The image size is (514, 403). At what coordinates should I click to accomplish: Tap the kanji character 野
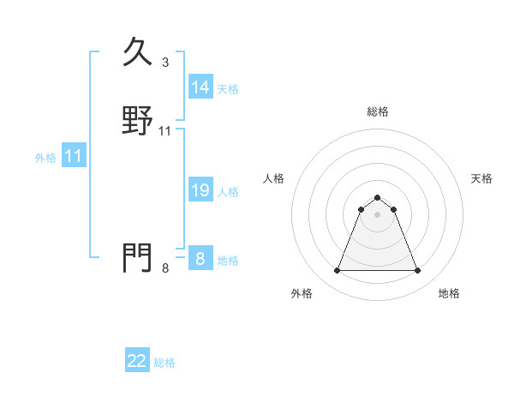coord(138,120)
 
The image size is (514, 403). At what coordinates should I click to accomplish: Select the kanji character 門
coord(138,257)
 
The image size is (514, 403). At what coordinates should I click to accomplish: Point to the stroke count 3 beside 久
coord(164,63)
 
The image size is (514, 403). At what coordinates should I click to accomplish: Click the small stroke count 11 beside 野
coord(165,131)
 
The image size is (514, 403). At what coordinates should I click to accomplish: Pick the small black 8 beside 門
coord(164,268)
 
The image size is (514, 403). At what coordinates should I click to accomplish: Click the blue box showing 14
coord(200,87)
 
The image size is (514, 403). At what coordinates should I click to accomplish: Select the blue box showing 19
coord(200,190)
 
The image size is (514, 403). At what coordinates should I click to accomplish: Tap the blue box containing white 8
coord(200,259)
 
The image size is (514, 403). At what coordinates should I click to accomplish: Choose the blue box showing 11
coord(74,156)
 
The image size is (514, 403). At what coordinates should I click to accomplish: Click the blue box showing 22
coord(137,361)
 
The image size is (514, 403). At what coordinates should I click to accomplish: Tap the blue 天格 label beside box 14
coord(228,89)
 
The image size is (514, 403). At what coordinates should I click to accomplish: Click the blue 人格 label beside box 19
coord(228,192)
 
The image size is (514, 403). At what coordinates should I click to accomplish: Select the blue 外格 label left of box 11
coord(45,158)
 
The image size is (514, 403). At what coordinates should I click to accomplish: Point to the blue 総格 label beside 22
coord(164,363)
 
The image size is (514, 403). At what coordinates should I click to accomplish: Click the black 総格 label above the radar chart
coord(377,111)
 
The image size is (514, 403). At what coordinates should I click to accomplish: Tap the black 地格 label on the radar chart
coord(449,293)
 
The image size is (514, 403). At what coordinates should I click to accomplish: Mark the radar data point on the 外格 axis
coord(337,271)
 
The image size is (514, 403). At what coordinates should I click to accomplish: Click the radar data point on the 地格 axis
coord(417,271)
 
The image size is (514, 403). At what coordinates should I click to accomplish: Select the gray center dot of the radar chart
coord(377,214)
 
